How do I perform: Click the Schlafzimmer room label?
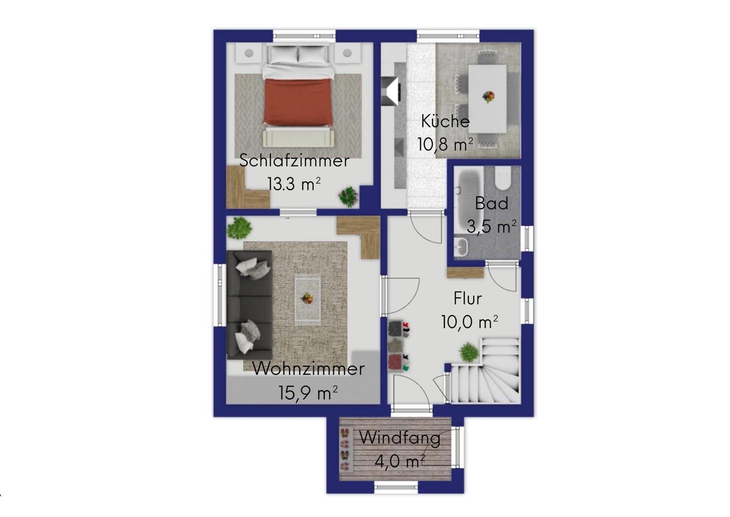click(x=294, y=161)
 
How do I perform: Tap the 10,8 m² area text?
click(x=445, y=144)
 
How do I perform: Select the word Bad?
click(x=492, y=204)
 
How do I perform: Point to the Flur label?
click(x=467, y=299)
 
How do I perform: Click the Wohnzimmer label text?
click(x=308, y=369)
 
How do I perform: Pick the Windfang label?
click(x=400, y=438)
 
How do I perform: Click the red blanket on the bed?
click(x=298, y=102)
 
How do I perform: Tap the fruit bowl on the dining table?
click(x=488, y=96)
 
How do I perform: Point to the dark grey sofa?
click(x=250, y=305)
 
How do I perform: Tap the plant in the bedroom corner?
click(x=348, y=196)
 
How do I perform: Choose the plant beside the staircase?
click(x=469, y=352)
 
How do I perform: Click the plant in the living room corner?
click(x=239, y=228)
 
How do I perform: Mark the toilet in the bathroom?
click(x=502, y=178)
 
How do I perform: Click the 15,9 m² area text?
click(x=308, y=393)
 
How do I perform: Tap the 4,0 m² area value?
click(x=400, y=461)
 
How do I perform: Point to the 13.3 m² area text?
click(x=294, y=184)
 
